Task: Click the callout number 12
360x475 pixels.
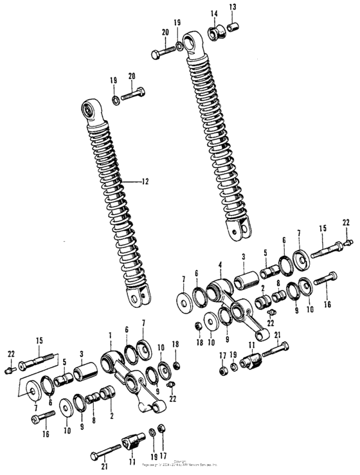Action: click(145, 182)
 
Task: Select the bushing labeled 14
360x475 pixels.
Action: click(215, 30)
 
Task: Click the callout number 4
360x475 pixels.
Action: click(220, 264)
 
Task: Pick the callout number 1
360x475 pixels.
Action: click(110, 336)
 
